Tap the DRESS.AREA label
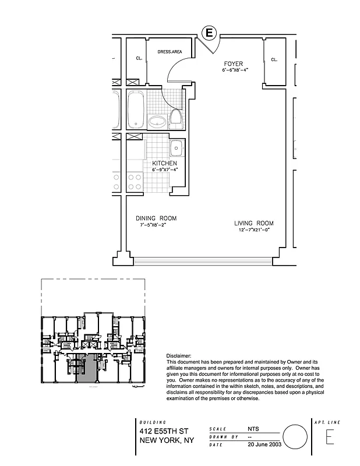click(170, 52)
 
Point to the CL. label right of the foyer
click(274, 59)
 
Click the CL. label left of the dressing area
click(139, 58)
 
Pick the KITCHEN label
click(164, 164)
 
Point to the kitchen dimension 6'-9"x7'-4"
click(164, 170)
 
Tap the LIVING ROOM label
click(253, 224)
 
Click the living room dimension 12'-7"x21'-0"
click(253, 230)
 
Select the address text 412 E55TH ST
click(161, 432)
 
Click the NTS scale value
click(253, 427)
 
